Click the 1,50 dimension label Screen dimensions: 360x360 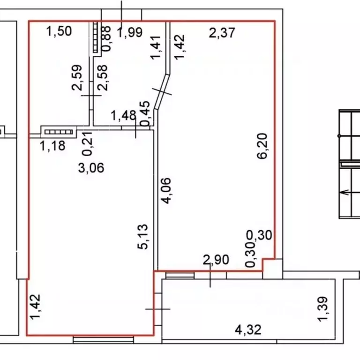coord(59,31)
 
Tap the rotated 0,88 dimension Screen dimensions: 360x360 coord(106,38)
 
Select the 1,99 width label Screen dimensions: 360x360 coord(130,32)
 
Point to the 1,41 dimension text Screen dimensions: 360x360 coord(156,47)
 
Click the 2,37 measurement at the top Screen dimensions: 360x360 coord(222,33)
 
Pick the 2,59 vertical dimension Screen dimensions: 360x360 coord(77,78)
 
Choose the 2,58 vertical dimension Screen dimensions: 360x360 coord(102,78)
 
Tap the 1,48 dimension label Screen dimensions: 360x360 coord(123,115)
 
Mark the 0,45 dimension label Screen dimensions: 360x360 coord(146,113)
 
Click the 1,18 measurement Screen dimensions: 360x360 coord(52,146)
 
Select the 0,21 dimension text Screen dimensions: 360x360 coord(88,144)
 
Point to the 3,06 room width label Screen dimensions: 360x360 coord(91,168)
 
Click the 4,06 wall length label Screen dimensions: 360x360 coord(166,191)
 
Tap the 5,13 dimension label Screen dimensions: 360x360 coord(142,237)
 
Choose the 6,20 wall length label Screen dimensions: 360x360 coord(262,146)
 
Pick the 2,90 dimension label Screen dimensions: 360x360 coord(216,260)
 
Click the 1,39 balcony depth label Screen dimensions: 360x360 coord(322,309)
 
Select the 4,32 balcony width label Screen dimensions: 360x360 coord(248,330)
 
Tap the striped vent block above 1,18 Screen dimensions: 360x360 coord(59,132)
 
